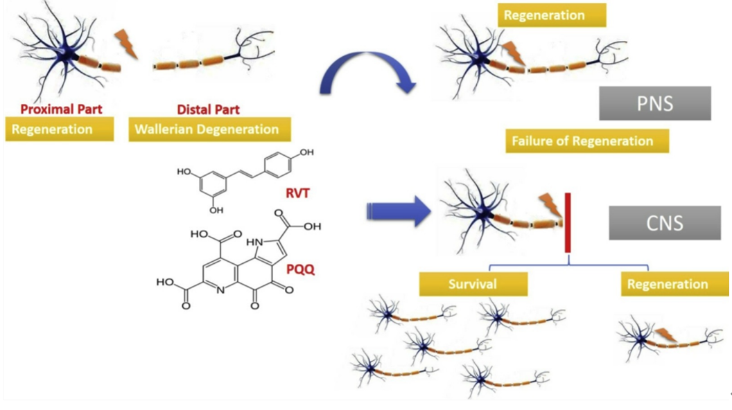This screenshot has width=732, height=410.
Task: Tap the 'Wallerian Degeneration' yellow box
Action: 209,130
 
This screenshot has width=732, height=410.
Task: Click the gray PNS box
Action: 655,104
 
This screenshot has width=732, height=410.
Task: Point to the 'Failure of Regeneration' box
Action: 582,141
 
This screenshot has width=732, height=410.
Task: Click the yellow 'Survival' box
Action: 472,283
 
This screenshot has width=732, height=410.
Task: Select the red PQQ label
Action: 299,269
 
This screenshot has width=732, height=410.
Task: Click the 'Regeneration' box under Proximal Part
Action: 60,130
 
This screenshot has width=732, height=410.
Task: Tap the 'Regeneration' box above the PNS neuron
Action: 551,15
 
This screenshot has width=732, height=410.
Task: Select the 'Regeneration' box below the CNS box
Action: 667,285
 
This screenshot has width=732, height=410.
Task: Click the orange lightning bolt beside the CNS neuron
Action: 549,204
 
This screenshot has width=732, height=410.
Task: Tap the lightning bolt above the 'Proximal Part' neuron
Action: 128,42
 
